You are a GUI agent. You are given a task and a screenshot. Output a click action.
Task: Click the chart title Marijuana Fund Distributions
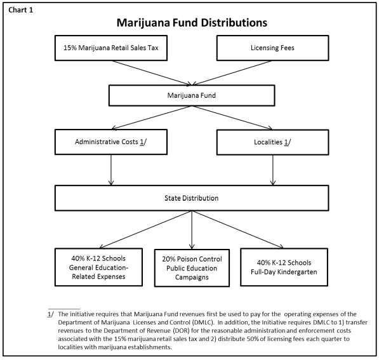192,23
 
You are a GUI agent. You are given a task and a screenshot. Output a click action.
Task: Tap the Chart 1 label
20,10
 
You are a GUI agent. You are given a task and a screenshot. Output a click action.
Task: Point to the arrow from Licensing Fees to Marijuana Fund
232,73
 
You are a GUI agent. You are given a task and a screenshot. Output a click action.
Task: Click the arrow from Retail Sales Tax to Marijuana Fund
152,73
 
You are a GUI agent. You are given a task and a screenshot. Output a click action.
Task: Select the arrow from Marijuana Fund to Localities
232,117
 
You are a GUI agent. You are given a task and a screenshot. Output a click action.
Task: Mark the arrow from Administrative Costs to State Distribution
111,170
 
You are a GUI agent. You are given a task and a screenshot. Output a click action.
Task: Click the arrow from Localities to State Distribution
273,170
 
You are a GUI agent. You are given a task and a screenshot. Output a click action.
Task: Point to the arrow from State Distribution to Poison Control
192,230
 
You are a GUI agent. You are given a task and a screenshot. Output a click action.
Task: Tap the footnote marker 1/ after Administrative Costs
143,142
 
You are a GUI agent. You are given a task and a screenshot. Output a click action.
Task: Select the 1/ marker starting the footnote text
51,314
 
